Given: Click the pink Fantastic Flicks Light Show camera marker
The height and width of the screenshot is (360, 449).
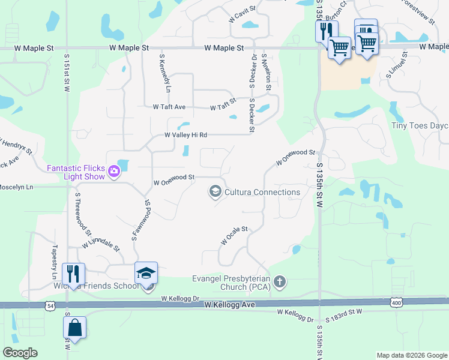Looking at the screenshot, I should [114, 173].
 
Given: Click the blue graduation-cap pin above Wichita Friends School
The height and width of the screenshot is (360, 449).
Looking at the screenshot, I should [146, 274].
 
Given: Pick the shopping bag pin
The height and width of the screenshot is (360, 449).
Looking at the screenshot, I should [75, 329].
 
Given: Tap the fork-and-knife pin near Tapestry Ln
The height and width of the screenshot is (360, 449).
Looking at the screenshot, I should [73, 274].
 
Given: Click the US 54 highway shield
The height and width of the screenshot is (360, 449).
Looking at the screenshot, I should [49, 305].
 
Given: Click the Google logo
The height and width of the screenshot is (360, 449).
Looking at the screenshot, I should [20, 353].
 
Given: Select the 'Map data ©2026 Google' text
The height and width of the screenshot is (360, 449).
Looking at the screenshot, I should [411, 355].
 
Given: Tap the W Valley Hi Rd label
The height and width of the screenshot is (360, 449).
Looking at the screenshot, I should [186, 136].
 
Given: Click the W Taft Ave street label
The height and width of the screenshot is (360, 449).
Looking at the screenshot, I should [169, 107].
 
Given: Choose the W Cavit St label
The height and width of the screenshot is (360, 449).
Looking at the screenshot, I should [242, 14].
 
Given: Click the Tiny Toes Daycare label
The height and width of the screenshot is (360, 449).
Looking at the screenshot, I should [420, 125].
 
